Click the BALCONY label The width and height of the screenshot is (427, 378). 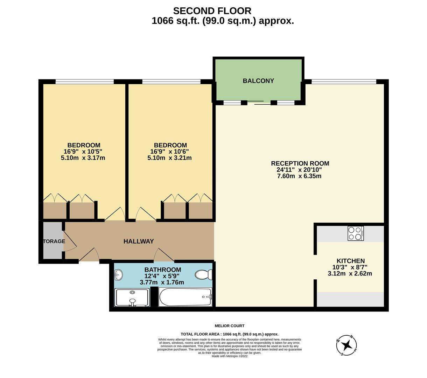click(258, 81)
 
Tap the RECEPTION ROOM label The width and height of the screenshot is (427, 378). click(300, 163)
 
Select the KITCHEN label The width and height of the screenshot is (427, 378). click(350, 261)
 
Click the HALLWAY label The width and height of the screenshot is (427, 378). click(139, 241)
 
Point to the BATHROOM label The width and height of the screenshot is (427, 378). click(163, 270)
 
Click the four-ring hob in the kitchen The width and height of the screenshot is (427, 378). click(356, 233)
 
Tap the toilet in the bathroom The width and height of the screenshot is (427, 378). click(203, 275)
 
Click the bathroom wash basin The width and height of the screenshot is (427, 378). click(118, 275)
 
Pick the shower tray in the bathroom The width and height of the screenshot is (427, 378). click(132, 297)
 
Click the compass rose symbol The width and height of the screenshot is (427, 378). click(347, 345)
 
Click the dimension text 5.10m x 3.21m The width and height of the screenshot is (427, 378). click(169, 158)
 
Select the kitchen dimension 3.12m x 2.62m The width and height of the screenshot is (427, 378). click(350, 273)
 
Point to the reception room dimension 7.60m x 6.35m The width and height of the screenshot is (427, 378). click(299, 176)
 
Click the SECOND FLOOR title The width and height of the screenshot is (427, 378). click(212, 11)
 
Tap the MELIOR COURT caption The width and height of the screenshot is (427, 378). click(229, 326)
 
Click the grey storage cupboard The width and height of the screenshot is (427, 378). click(52, 241)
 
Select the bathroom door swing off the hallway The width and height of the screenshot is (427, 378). click(163, 255)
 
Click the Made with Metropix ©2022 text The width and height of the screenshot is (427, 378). click(229, 356)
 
